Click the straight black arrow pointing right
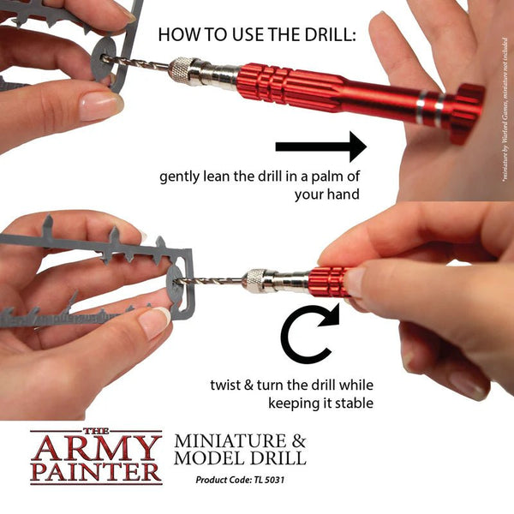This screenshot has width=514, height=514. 320,147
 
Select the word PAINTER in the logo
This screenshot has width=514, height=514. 96,472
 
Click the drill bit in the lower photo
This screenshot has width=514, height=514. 214,278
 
